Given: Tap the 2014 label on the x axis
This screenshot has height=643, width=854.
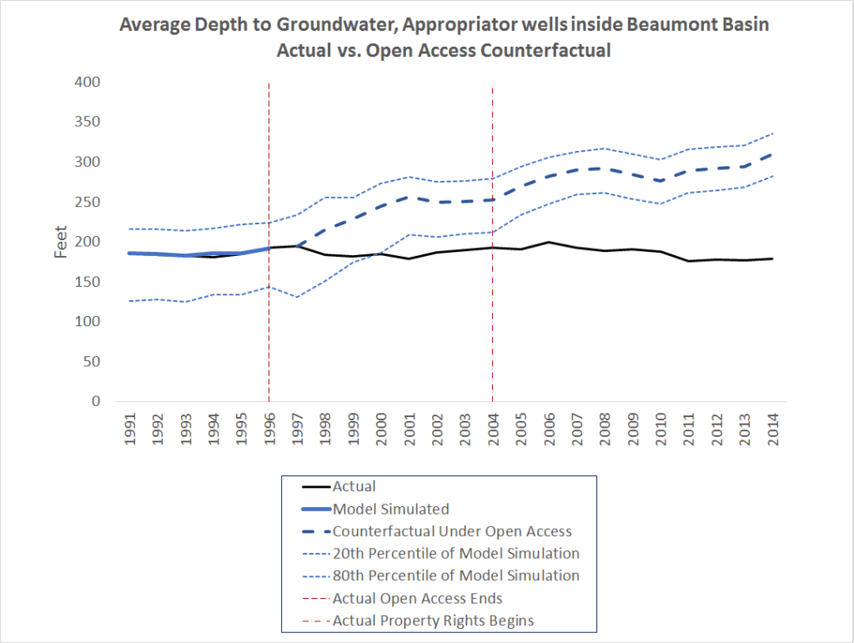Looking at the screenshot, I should tap(773, 429).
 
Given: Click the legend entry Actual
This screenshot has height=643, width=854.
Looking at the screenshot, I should tap(354, 486).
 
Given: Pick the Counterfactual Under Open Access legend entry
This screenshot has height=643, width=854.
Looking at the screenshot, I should tap(451, 531).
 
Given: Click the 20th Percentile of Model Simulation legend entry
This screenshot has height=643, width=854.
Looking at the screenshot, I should tap(455, 553).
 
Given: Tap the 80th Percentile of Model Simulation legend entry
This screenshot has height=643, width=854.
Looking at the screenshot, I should tap(455, 575).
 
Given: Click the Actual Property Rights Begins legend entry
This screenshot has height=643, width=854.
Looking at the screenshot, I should tap(433, 620).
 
